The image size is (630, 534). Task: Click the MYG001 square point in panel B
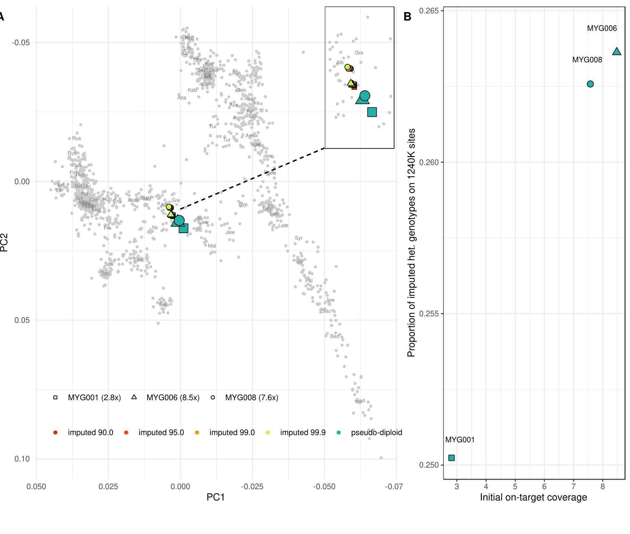pyautogui.click(x=451, y=458)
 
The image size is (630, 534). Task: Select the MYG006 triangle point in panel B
pyautogui.click(x=616, y=52)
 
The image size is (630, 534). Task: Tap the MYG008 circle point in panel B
pyautogui.click(x=590, y=84)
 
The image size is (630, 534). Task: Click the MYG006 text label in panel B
pyautogui.click(x=602, y=28)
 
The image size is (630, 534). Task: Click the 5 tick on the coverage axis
pyautogui.click(x=515, y=486)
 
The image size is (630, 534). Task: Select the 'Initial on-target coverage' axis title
pyautogui.click(x=533, y=497)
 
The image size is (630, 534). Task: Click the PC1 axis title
pyautogui.click(x=216, y=497)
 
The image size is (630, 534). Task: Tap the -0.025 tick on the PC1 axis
pyautogui.click(x=252, y=486)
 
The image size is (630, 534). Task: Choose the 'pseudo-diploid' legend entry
pyautogui.click(x=376, y=433)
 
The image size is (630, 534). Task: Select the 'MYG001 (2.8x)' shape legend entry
pyautogui.click(x=94, y=397)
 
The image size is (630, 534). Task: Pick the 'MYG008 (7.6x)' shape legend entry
pyautogui.click(x=252, y=397)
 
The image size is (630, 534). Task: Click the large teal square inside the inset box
pyautogui.click(x=372, y=112)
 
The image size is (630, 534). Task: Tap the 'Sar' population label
pyautogui.click(x=163, y=304)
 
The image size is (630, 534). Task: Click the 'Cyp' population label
pyautogui.click(x=243, y=204)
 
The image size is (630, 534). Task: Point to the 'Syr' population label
pyautogui.click(x=298, y=238)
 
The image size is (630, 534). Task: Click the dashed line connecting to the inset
pyautogui.click(x=252, y=178)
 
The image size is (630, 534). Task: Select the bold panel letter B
pyautogui.click(x=407, y=16)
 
